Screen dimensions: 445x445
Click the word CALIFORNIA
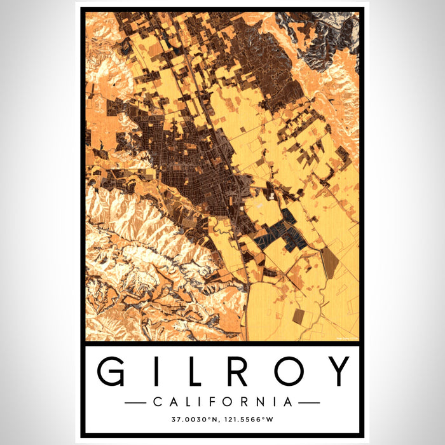coord(222,402)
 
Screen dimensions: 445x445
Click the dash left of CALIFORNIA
coord(136,402)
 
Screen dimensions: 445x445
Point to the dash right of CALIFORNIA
coord(309,402)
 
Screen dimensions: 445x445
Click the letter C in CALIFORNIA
coord(158,402)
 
